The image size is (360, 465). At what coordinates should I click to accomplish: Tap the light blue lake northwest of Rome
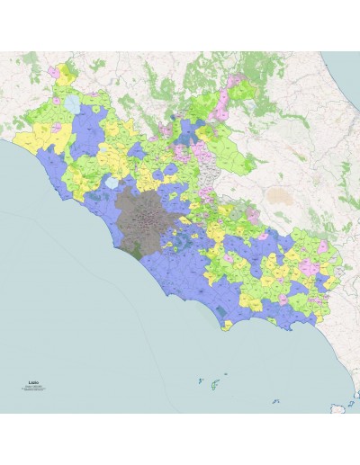point(111,183)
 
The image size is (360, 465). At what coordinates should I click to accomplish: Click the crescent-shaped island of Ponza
point(200,383)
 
